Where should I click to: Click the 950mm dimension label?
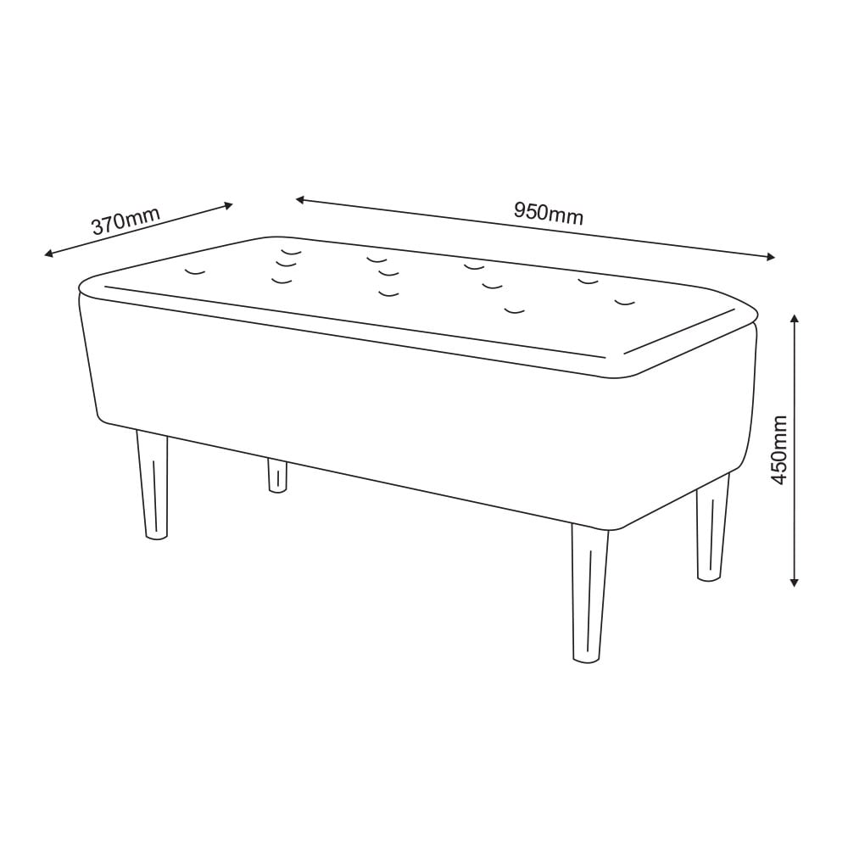coord(549,214)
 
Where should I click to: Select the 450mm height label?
coord(778,450)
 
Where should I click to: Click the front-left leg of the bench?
coord(153,484)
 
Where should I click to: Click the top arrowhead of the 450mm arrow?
coord(794,318)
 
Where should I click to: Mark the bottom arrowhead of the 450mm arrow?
coord(794,582)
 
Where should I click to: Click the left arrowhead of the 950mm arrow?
coord(300,200)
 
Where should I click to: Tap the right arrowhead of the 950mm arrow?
coord(770,257)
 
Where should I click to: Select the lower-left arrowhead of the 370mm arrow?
coord(49,253)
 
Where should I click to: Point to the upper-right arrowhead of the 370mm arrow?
coord(227,205)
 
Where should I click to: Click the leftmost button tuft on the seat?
coord(195,271)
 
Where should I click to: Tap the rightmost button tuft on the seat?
coord(624,303)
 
